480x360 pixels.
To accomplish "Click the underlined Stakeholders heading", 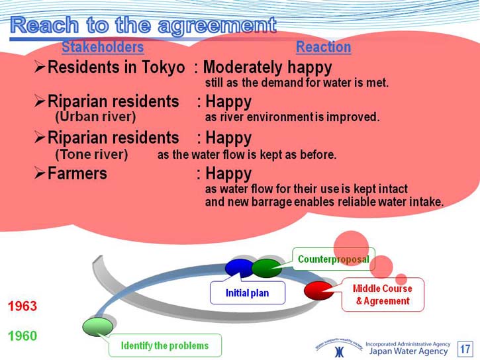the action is click(103, 47).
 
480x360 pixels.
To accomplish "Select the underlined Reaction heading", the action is click(323, 47).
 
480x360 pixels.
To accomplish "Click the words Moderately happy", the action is click(267, 67).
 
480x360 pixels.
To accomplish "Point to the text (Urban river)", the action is click(95, 116).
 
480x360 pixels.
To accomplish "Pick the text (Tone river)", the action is click(91, 154).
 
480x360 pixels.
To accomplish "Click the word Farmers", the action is click(77, 173).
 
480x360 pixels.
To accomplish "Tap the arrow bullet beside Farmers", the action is click(40, 173).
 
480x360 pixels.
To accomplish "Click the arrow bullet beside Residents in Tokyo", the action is click(40, 67).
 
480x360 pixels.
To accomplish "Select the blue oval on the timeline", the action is click(240, 267).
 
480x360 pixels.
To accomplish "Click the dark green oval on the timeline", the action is click(267, 268).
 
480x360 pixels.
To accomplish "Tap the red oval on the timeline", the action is click(318, 291).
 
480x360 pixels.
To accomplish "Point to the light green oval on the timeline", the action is click(97, 327).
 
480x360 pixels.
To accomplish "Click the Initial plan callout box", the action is click(248, 292).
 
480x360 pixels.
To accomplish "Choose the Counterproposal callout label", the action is click(334, 259).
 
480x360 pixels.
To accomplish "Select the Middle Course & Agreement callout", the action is click(383, 294).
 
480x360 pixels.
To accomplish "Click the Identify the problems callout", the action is click(165, 345).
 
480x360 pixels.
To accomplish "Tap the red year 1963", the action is click(23, 306).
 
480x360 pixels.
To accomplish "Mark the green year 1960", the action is click(23, 336).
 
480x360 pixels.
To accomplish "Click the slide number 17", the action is click(465, 349).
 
